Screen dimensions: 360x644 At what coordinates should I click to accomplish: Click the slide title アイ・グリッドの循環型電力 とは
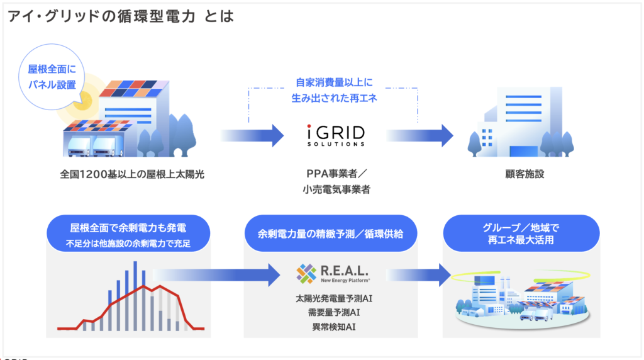pos(120,16)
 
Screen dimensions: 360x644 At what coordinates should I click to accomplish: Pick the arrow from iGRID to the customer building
pos(419,135)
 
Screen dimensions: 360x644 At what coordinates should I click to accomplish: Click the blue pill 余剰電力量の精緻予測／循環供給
pos(333,233)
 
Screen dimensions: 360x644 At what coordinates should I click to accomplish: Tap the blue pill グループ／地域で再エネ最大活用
pos(522,233)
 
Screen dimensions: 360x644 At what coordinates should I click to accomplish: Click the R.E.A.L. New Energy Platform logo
pos(333,273)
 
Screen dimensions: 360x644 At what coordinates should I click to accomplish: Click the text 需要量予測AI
pos(333,312)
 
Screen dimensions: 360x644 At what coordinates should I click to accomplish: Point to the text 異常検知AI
pos(333,326)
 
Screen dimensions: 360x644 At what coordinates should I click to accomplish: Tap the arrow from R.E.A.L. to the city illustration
pos(419,273)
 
